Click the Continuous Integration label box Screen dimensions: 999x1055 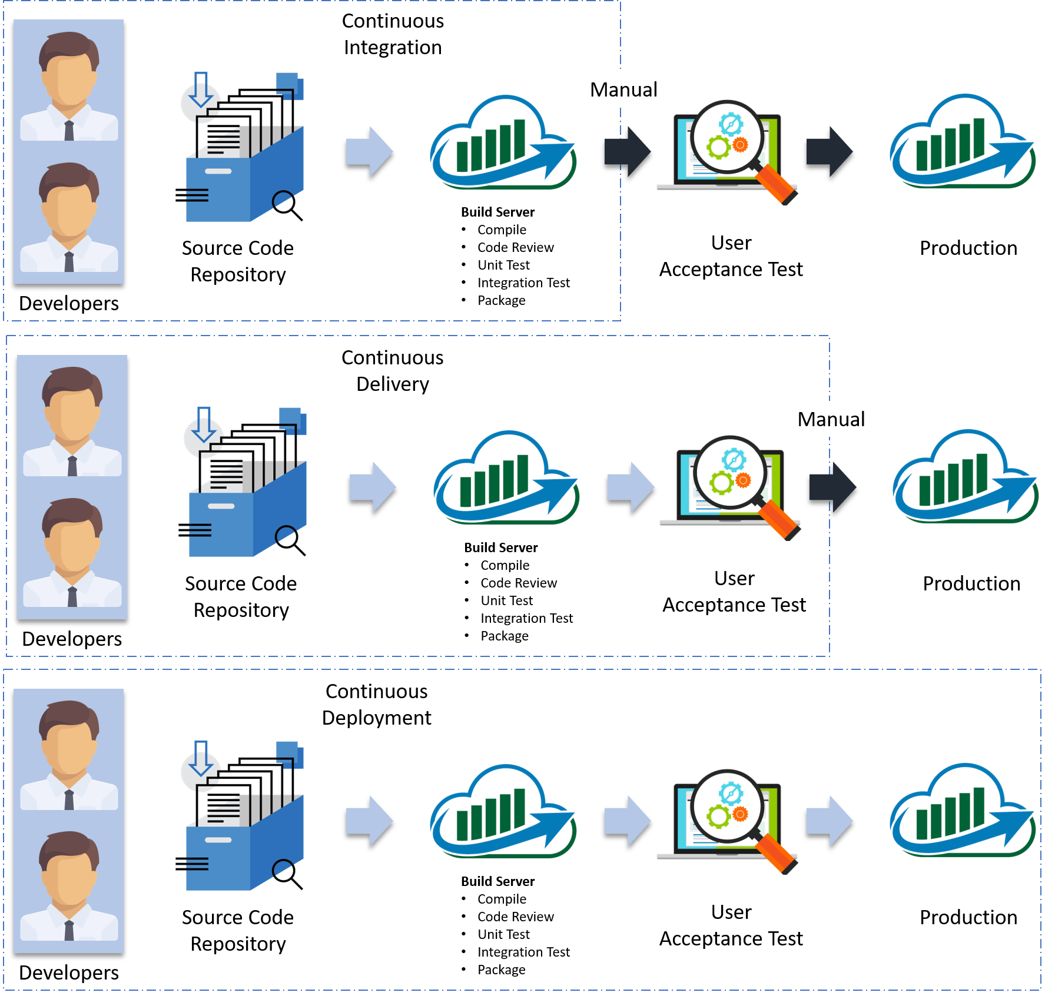tap(393, 34)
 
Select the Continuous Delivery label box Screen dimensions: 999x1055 tap(393, 370)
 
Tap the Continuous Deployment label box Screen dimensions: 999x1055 tap(376, 704)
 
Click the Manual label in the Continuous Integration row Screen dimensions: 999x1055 tap(623, 89)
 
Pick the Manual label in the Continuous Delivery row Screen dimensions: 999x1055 tap(831, 419)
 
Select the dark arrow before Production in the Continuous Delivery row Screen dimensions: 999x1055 tap(832, 489)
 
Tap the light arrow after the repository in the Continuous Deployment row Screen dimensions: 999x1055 tap(369, 822)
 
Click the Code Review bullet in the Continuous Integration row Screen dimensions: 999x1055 tap(515, 247)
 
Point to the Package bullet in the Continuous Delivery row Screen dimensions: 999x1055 tap(504, 636)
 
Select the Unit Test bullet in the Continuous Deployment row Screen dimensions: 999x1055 tap(503, 934)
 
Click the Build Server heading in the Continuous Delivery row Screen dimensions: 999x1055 tap(501, 547)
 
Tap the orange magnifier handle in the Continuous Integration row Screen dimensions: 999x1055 tap(776, 184)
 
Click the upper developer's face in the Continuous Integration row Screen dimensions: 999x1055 tap(69, 77)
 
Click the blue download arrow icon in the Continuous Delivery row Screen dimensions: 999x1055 tap(204, 425)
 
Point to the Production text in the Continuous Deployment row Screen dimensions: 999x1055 tap(968, 917)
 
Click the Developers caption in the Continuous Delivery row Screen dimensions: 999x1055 tap(72, 639)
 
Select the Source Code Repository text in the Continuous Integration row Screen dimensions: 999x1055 tap(238, 261)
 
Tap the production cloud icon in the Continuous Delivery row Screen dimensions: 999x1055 tap(966, 477)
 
